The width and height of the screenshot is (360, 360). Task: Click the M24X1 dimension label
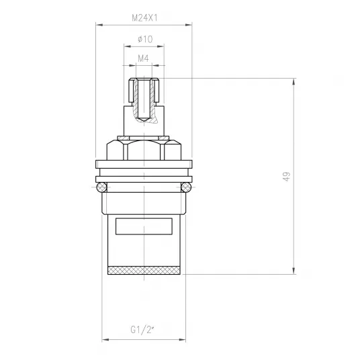click(x=144, y=18)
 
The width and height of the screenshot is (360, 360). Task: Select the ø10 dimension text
click(x=145, y=39)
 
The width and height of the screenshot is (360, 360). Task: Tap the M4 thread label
click(x=143, y=58)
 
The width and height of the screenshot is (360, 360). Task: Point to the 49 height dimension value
click(x=287, y=177)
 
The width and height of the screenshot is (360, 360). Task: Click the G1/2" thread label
click(x=142, y=330)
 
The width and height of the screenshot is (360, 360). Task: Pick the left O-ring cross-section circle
click(x=101, y=187)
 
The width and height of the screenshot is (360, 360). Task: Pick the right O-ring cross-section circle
click(x=186, y=187)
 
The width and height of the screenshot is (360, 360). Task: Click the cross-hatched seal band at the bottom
click(x=144, y=270)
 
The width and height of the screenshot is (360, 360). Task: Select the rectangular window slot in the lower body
click(x=144, y=226)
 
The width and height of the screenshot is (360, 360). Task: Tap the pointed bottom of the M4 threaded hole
click(x=144, y=120)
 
